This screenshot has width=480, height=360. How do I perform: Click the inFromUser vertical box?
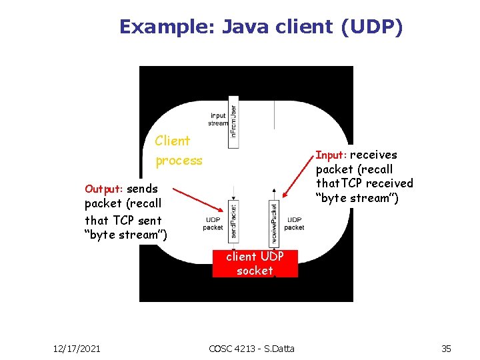(x=233, y=123)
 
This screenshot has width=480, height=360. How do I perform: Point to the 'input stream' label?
(x=218, y=119)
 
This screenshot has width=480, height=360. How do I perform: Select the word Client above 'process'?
(x=172, y=141)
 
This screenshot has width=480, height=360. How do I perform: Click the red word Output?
(x=104, y=189)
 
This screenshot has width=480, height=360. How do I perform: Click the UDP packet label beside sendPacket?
(x=213, y=223)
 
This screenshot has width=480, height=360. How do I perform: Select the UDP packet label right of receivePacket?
(x=294, y=223)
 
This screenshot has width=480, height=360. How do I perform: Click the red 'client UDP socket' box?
(x=255, y=263)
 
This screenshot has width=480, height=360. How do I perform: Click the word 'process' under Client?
(x=179, y=161)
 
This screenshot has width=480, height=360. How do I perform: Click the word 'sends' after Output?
(x=142, y=189)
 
